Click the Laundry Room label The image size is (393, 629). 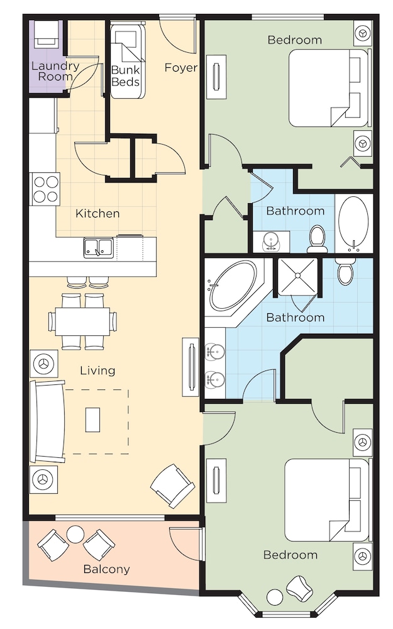tap(55, 71)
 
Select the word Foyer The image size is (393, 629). tap(181, 67)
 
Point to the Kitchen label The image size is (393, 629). tap(97, 214)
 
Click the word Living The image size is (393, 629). tap(97, 370)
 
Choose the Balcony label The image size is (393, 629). tap(107, 569)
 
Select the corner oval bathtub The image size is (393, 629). tap(233, 286)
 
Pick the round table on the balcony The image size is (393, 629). tap(75, 534)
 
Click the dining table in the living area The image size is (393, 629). tap(82, 321)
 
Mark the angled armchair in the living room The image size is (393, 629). tap(172, 485)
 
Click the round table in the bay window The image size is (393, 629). tap(275, 596)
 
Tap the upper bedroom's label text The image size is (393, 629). tap(294, 40)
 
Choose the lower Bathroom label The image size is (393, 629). tap(295, 318)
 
